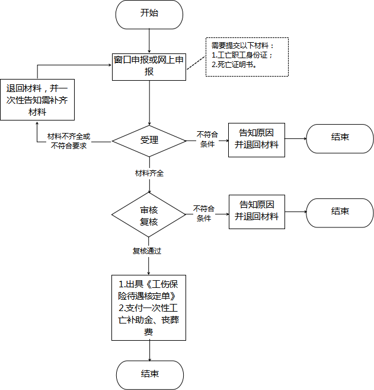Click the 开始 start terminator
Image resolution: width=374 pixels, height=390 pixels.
pyautogui.click(x=149, y=14)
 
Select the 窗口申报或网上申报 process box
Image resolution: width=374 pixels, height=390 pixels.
pyautogui.click(x=149, y=67)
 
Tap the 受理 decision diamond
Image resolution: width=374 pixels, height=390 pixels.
pyautogui.click(x=149, y=141)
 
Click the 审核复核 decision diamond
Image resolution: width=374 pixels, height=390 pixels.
pyautogui.click(x=149, y=215)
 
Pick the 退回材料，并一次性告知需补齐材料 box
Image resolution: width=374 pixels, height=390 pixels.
pyautogui.click(x=37, y=100)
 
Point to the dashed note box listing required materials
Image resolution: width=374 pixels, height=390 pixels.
pyautogui.click(x=247, y=57)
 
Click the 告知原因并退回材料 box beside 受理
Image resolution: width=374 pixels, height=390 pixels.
pyautogui.click(x=257, y=140)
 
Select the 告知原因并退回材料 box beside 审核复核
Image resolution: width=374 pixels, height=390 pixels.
pyautogui.click(x=257, y=212)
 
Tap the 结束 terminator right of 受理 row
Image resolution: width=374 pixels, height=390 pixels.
pyautogui.click(x=340, y=138)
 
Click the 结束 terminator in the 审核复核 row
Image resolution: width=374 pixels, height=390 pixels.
pyautogui.click(x=340, y=213)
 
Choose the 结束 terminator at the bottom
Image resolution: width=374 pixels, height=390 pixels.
pyautogui.click(x=150, y=375)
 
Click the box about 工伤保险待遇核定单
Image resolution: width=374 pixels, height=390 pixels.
pyautogui.click(x=149, y=307)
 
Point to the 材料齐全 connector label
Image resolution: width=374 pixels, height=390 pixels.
pyautogui.click(x=149, y=173)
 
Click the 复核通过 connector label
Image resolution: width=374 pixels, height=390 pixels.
pyautogui.click(x=147, y=251)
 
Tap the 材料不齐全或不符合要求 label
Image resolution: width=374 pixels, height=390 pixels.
pyautogui.click(x=69, y=141)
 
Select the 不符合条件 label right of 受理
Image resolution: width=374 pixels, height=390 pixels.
pyautogui.click(x=207, y=139)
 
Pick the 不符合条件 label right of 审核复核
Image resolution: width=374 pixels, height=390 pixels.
pyautogui.click(x=204, y=213)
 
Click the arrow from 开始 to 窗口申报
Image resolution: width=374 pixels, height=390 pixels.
pyautogui.click(x=149, y=41)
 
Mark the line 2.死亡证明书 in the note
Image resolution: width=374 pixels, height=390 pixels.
pyautogui.click(x=234, y=65)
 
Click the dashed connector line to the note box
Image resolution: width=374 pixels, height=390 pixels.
pyautogui.click(x=196, y=63)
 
